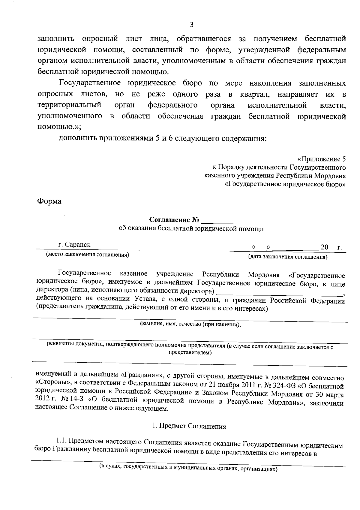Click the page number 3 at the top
click(191, 25)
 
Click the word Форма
click(49, 201)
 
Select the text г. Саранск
click(74, 245)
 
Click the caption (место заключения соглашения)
click(87, 255)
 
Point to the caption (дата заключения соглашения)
click(287, 257)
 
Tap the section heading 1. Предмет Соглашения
click(189, 426)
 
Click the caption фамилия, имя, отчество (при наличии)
click(190, 324)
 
